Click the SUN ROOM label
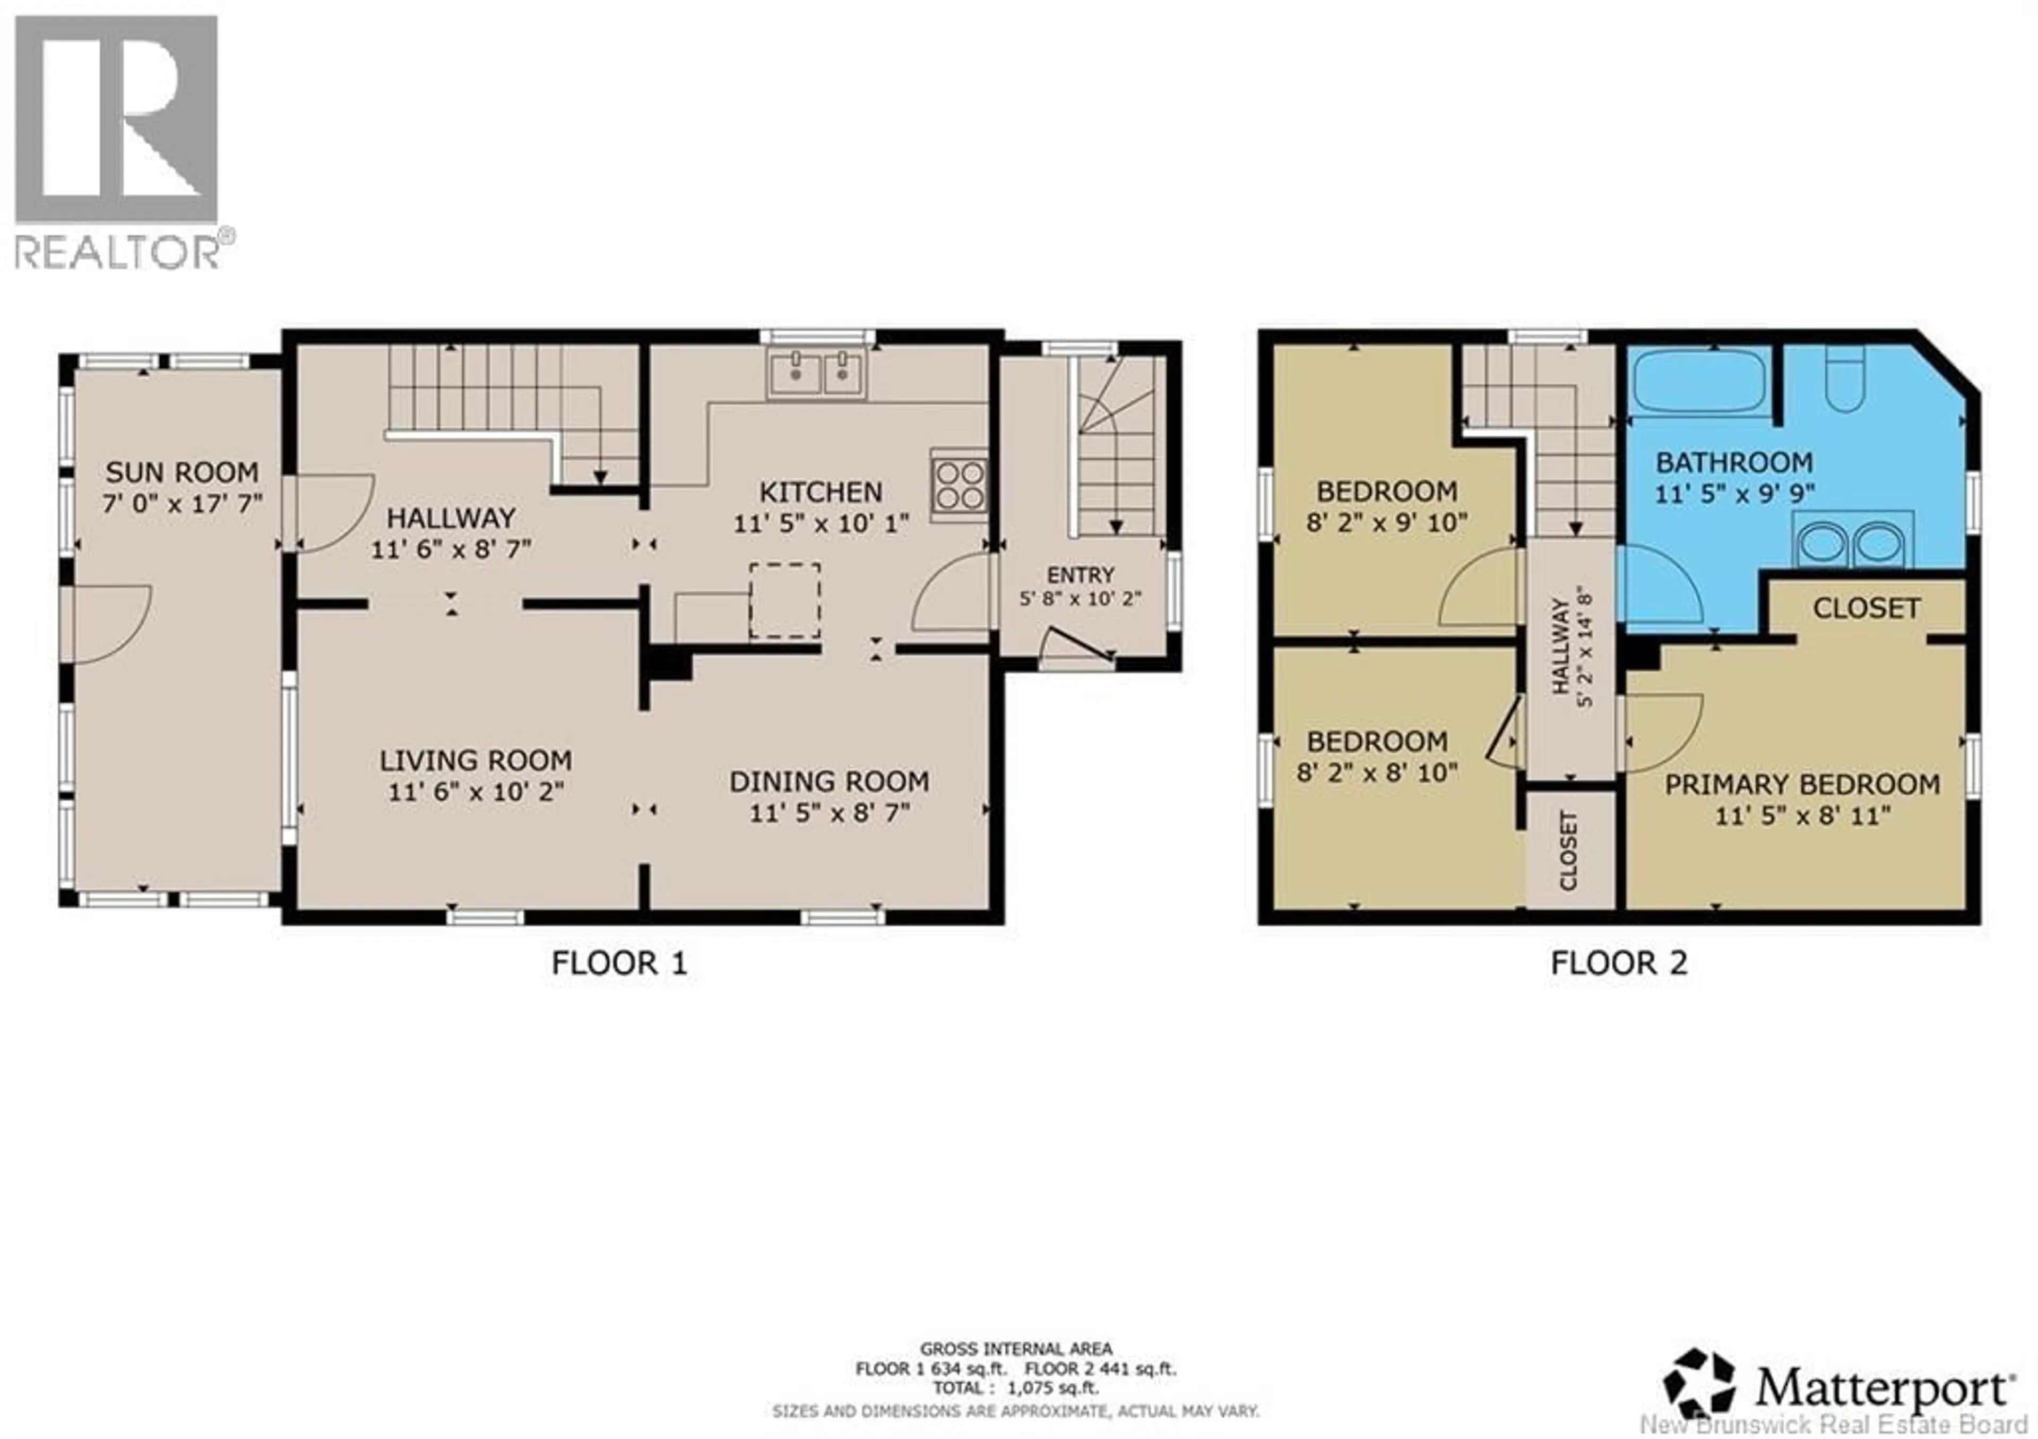pos(182,472)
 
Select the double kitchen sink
pos(817,372)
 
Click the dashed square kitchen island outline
pos(784,600)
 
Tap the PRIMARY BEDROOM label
pos(1802,785)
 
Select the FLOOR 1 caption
pos(619,963)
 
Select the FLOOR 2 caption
pos(1618,963)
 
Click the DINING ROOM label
pos(829,782)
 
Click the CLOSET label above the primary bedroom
pos(1867,608)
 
